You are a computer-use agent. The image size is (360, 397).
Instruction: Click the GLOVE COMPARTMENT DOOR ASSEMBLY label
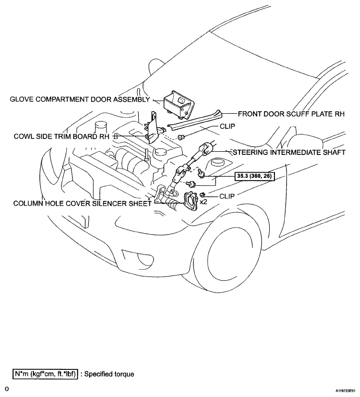[80, 99]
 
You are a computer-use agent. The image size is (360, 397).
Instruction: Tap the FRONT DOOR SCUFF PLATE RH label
[292, 114]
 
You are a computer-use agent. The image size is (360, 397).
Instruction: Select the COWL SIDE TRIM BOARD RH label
[62, 136]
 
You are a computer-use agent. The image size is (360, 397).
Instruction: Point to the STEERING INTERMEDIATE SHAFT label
[289, 152]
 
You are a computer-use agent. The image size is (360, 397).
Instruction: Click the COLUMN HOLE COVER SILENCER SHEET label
[82, 203]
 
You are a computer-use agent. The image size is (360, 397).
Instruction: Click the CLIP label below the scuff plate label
[227, 126]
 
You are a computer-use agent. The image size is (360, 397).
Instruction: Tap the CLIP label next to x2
[227, 196]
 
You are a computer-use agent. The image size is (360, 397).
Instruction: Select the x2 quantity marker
[203, 202]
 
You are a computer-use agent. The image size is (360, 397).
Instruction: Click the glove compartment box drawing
[179, 104]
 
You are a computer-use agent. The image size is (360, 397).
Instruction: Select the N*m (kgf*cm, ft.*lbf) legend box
[45, 374]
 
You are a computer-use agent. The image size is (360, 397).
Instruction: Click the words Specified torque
[109, 374]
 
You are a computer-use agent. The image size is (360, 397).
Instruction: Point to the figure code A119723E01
[347, 391]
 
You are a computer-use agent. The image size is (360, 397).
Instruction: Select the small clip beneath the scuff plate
[181, 138]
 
